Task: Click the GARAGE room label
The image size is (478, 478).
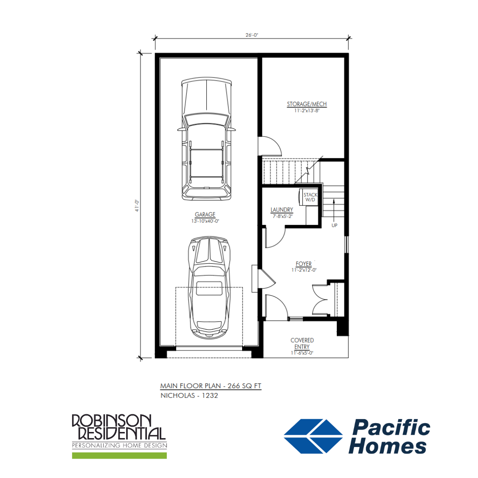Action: pos(205,215)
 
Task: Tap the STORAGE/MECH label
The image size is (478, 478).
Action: pos(307,104)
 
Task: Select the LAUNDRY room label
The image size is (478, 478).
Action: pos(281,210)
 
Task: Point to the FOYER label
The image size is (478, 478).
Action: pos(304,264)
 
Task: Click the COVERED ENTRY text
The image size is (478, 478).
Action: pos(302,343)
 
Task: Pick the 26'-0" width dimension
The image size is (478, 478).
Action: pos(252,35)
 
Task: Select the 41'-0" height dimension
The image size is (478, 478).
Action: pos(137,206)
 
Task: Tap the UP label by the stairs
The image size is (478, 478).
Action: pos(335,226)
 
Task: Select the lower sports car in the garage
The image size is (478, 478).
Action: pos(209,288)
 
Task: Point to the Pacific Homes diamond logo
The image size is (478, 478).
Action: pos(313,436)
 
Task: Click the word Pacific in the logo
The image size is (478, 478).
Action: pos(391,427)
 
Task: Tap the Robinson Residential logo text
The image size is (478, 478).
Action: pos(119,427)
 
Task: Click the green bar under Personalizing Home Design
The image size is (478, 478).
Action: pos(119,455)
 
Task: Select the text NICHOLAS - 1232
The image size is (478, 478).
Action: pos(189,395)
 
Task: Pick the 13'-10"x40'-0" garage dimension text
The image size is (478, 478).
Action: pos(205,221)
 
